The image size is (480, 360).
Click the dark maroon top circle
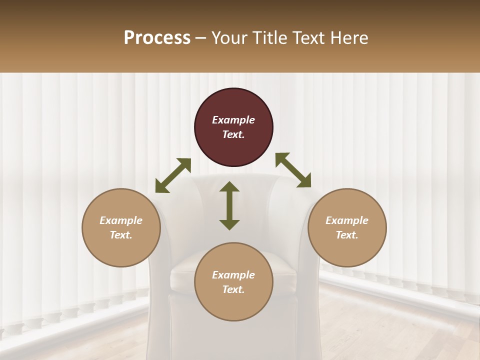[x=233, y=127]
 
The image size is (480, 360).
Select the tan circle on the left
[x=121, y=228]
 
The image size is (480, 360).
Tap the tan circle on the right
[x=347, y=228]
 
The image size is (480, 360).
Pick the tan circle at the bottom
[x=233, y=282]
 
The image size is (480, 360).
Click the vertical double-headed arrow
[x=229, y=205]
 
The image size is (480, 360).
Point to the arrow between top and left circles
[x=173, y=175]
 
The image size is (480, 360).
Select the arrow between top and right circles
[x=293, y=170]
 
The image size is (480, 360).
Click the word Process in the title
[x=157, y=38]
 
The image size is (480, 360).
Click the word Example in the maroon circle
[x=233, y=120]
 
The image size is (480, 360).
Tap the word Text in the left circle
[x=121, y=235]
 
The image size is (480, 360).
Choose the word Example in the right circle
[x=347, y=220]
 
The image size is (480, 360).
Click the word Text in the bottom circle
[x=233, y=289]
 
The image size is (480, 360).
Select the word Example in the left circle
[x=121, y=220]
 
